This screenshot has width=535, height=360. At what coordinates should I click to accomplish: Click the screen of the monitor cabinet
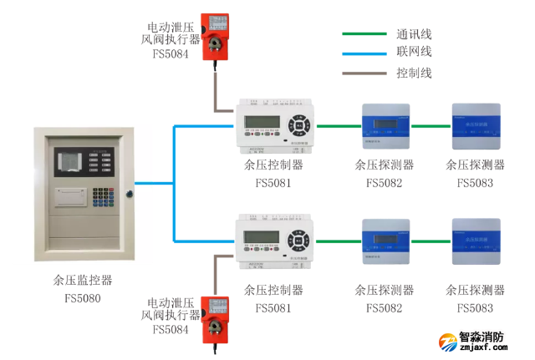point(78,161)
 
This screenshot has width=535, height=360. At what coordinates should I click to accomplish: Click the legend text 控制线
point(414,73)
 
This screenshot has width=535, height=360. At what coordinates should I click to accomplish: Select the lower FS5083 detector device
point(476,241)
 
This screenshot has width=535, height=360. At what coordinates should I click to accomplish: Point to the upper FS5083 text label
point(475,183)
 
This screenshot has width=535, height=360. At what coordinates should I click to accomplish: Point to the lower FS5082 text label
point(384,308)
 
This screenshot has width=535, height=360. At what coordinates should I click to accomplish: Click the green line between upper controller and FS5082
point(335,126)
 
